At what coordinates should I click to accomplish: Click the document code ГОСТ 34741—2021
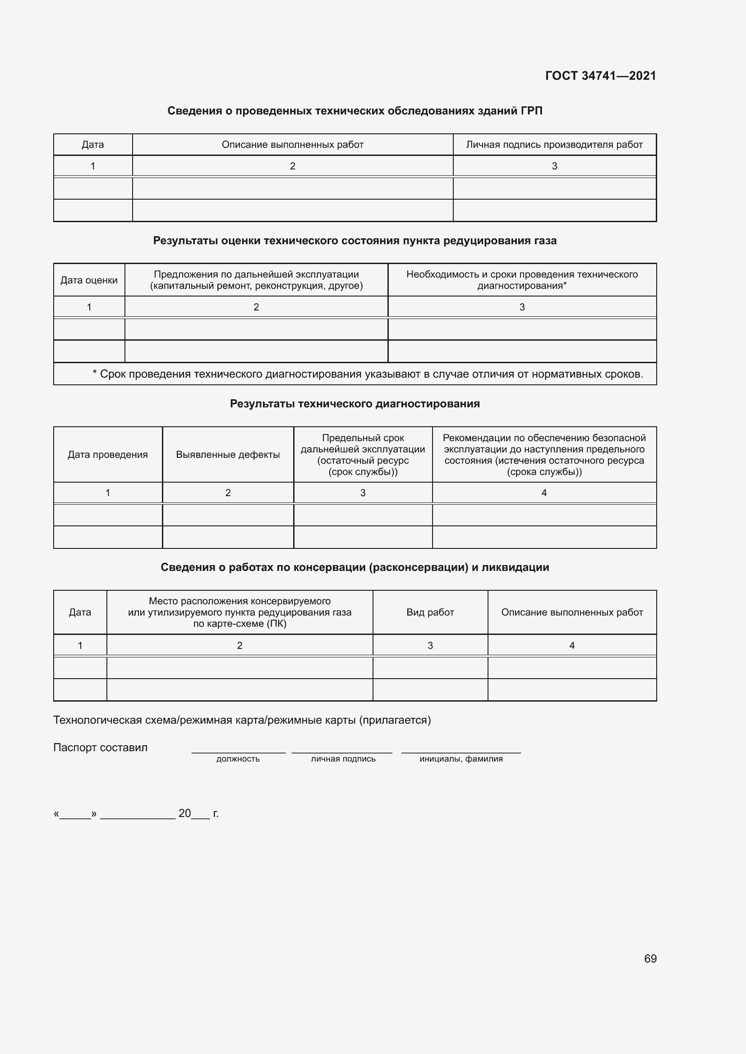pos(600,76)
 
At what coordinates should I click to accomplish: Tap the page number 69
pos(650,958)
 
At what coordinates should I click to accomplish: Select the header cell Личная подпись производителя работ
pos(554,145)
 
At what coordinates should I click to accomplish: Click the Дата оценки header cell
pos(89,280)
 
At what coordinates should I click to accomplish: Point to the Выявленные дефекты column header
pos(228,455)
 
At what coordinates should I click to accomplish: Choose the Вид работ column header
pos(430,612)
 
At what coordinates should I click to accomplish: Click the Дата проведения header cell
pos(107,455)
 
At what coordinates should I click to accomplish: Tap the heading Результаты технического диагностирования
pos(355,403)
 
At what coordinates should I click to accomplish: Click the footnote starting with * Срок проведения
pos(368,374)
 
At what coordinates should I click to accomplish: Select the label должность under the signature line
pos(238,759)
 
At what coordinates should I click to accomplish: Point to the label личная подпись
pos(343,759)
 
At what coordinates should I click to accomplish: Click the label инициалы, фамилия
pos(461,759)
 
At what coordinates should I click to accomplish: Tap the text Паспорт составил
pos(101,747)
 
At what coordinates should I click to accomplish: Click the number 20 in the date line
pos(184,813)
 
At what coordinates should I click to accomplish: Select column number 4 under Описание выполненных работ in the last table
pos(571,645)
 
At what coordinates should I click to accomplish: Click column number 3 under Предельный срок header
pos(363,493)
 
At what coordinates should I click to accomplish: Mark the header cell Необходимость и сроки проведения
pos(522,280)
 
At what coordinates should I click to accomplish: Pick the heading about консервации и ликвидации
pos(355,567)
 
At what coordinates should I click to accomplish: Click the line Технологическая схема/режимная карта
pos(242,720)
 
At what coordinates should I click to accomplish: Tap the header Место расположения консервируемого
pos(239,612)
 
